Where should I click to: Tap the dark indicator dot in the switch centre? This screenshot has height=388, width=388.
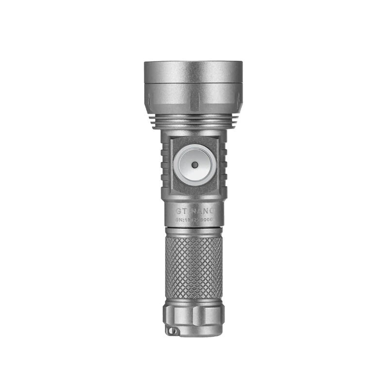[x=194, y=165]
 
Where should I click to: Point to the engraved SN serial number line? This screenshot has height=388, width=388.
[x=194, y=220]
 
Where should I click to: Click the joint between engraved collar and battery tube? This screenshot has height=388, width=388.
[x=194, y=226]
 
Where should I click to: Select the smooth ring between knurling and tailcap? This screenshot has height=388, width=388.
[x=194, y=300]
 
